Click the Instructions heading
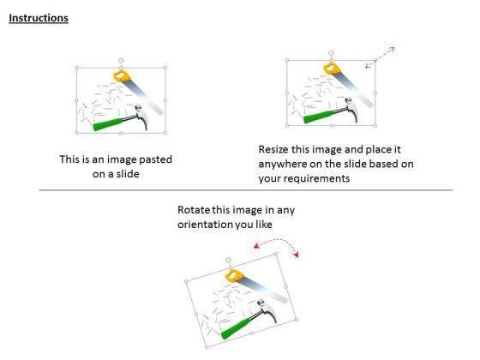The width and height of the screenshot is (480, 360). [x=39, y=18]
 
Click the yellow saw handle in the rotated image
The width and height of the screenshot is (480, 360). [x=235, y=275]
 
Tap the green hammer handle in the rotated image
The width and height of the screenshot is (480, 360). [x=236, y=327]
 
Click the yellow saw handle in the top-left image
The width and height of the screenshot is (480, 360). [x=122, y=76]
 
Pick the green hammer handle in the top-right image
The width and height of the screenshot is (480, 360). [x=318, y=117]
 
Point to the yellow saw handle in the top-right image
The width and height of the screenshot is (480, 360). [x=332, y=69]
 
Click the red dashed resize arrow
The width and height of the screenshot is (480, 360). [x=380, y=57]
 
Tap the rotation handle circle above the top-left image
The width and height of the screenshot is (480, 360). [x=121, y=60]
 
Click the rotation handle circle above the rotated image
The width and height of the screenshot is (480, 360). [x=229, y=261]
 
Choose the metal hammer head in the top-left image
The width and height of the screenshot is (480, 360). [x=142, y=116]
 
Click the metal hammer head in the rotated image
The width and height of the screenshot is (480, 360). [x=268, y=309]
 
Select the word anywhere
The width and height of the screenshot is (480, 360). [x=282, y=165]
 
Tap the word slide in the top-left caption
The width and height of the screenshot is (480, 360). [x=128, y=174]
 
